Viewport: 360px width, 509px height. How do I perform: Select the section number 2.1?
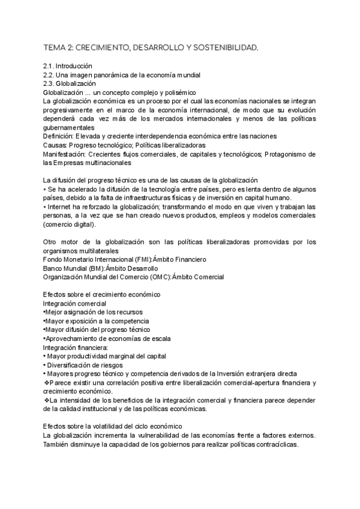[x=51, y=66]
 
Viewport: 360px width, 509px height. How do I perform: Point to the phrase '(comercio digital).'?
[x=70, y=224]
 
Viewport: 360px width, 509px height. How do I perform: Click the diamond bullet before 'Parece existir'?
[x=47, y=382]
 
